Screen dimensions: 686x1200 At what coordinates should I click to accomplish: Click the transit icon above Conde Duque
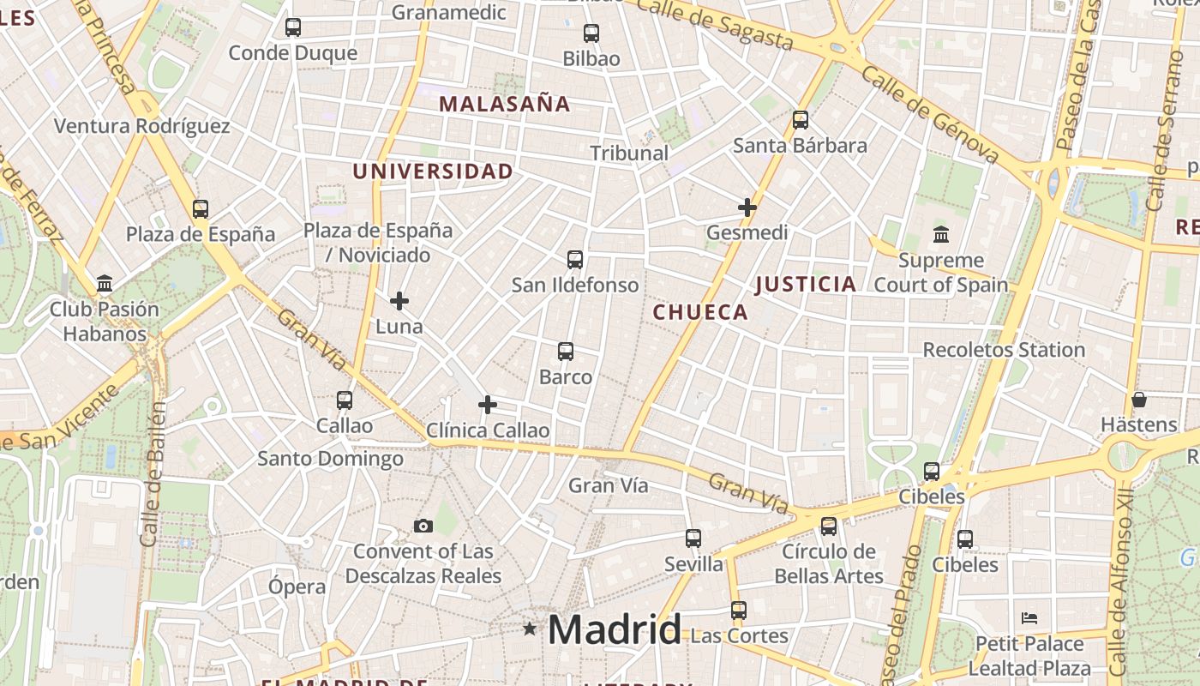(293, 27)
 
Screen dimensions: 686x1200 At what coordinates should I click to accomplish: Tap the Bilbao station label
(591, 59)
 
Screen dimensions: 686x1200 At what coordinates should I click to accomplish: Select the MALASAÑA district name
(504, 104)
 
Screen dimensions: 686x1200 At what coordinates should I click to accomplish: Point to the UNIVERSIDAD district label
(433, 171)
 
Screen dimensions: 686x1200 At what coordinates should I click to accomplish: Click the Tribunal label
(629, 153)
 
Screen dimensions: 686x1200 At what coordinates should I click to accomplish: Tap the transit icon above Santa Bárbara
(801, 120)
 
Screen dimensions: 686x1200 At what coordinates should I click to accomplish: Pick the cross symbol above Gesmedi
(747, 208)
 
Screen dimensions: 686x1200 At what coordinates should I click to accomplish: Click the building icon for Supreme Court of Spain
(941, 234)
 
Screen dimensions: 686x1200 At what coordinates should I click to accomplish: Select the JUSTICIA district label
(806, 284)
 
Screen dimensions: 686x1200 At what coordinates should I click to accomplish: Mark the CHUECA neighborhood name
(701, 312)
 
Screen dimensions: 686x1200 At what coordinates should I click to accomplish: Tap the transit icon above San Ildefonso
(575, 259)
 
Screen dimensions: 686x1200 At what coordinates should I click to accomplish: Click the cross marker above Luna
(399, 301)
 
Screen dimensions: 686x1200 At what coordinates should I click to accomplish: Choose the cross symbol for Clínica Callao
(488, 405)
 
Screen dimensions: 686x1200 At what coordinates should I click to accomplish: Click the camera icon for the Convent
(423, 526)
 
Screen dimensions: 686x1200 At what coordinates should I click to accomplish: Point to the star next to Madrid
(530, 629)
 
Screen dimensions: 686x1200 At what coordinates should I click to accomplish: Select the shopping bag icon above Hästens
(1139, 400)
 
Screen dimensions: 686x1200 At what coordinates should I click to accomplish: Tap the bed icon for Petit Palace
(1029, 618)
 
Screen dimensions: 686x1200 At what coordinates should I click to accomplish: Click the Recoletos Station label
(1004, 350)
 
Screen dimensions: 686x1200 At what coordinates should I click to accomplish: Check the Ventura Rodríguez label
(142, 126)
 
